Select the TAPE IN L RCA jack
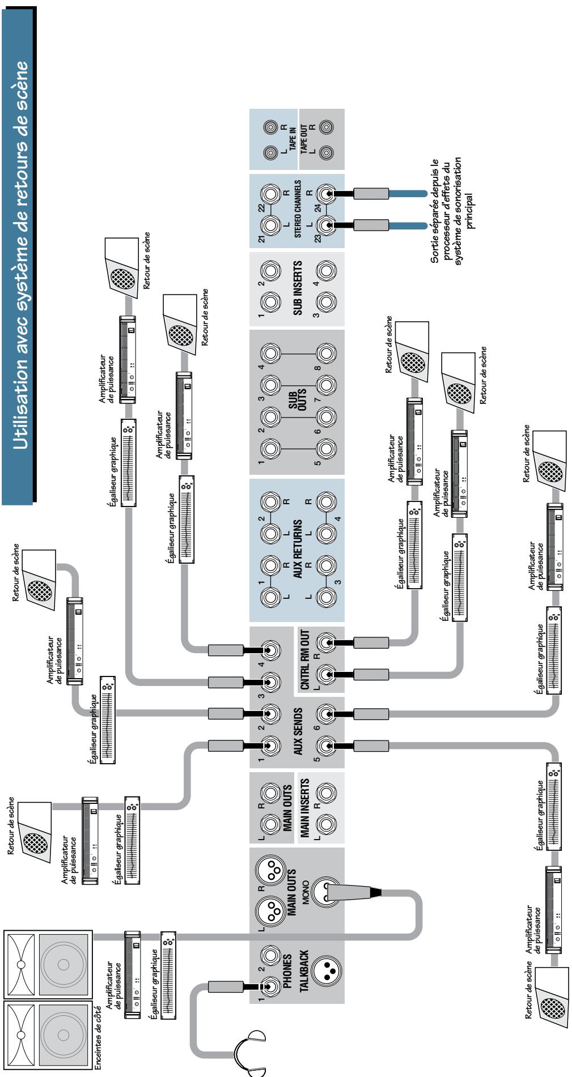269,154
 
